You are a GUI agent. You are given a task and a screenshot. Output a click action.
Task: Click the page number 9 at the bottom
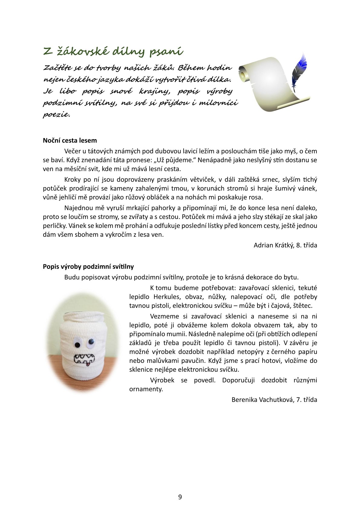click(x=180, y=497)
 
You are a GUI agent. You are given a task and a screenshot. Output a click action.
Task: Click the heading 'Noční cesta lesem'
click(x=70, y=140)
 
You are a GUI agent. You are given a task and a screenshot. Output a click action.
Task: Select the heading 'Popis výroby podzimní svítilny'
click(x=88, y=266)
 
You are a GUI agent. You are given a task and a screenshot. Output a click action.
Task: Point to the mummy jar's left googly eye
click(x=77, y=344)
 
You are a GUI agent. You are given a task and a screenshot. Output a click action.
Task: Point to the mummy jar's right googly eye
click(x=91, y=342)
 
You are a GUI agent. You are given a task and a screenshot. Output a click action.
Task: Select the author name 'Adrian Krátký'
click(x=273, y=245)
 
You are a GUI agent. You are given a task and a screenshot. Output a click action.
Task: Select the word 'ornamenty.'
click(x=146, y=389)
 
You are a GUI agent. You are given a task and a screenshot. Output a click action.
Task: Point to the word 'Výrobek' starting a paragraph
click(x=162, y=380)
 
